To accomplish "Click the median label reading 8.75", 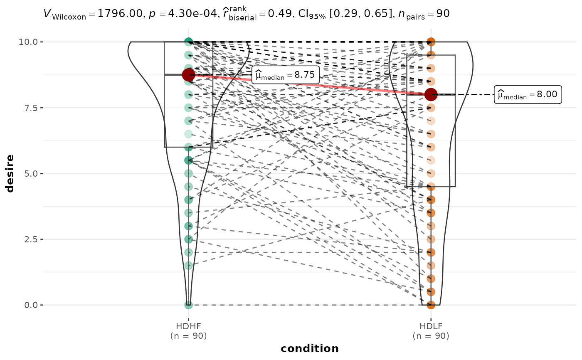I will click(x=285, y=75).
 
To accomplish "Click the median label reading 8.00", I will click(x=528, y=95).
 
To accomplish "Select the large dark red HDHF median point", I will click(x=189, y=75).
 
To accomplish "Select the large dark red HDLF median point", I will click(x=431, y=94).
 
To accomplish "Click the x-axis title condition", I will click(x=310, y=348).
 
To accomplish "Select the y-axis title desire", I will click(x=10, y=173).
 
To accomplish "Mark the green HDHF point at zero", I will click(x=189, y=305).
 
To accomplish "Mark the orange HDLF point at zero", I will click(x=431, y=305).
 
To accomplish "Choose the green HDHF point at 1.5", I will click(x=189, y=266).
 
